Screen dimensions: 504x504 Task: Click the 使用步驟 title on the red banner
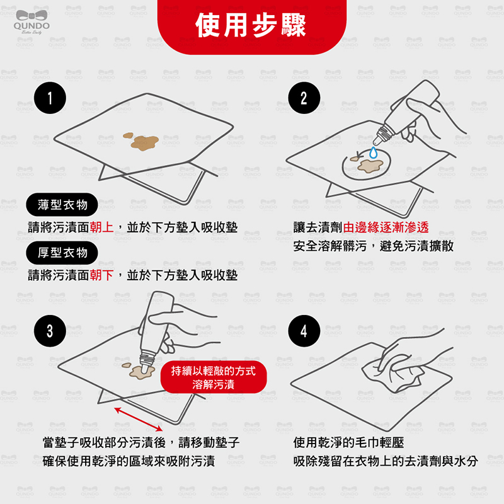(251, 26)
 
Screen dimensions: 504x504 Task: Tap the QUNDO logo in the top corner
(31, 22)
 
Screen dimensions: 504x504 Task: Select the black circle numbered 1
(50, 98)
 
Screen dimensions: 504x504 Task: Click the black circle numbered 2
(304, 98)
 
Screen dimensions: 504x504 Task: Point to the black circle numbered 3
(50, 331)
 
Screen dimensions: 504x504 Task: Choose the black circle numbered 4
(304, 331)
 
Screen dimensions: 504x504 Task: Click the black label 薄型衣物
(62, 205)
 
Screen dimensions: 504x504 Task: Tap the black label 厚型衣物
(62, 253)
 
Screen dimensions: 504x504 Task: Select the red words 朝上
(101, 227)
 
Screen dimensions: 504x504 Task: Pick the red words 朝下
(101, 275)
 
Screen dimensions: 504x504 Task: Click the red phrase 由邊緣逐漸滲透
(386, 227)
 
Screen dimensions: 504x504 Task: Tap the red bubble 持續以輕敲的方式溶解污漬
(214, 377)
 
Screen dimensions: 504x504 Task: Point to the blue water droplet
(373, 153)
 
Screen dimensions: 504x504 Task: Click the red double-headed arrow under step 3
(139, 419)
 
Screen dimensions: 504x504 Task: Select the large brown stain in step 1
(144, 143)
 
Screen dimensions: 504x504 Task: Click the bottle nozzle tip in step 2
(375, 142)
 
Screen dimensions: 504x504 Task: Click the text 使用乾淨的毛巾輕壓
(348, 443)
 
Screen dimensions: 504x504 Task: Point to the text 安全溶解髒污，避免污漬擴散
(373, 246)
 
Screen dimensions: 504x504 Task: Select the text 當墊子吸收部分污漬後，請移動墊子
(141, 443)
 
